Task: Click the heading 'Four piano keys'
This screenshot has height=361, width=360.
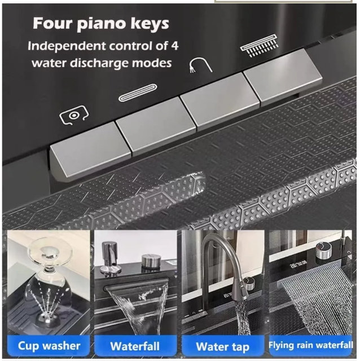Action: tap(101, 24)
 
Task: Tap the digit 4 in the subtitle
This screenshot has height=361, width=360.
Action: tap(175, 46)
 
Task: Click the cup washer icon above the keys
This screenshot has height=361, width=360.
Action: tap(74, 115)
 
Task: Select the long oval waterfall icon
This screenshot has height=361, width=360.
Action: tap(138, 93)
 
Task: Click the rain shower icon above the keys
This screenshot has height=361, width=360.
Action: tap(259, 45)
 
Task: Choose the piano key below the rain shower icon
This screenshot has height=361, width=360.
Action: tap(283, 76)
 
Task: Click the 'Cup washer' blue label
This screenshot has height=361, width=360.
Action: tap(49, 346)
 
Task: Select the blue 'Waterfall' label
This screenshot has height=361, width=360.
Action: tap(135, 346)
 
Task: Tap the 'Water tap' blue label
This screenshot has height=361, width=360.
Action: tap(222, 347)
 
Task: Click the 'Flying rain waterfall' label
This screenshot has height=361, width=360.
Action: tap(310, 345)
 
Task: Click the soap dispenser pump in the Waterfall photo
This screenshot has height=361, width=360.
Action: tap(109, 258)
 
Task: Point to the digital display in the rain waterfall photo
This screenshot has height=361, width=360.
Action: tap(298, 265)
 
